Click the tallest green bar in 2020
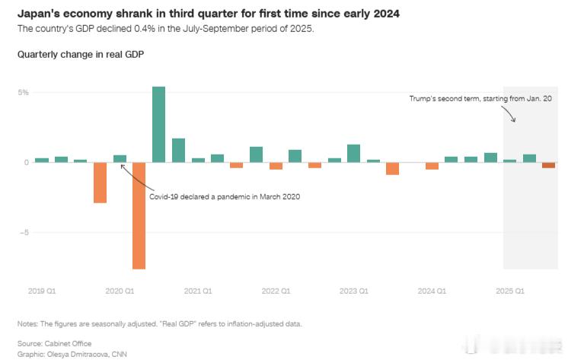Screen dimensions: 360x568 (x=158, y=124)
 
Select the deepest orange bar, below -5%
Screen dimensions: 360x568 (x=139, y=215)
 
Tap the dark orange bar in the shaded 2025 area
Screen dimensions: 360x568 (x=548, y=165)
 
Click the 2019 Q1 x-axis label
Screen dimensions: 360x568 (x=41, y=291)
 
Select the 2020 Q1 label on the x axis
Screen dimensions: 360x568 (x=120, y=291)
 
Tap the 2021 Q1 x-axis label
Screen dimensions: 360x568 (x=197, y=291)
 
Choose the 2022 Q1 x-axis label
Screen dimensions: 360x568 (x=276, y=291)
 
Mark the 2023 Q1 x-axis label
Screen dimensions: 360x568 (x=353, y=291)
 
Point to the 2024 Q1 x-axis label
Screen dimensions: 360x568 (x=432, y=291)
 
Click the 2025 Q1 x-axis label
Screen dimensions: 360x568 (x=509, y=291)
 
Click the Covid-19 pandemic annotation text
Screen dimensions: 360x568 (x=224, y=196)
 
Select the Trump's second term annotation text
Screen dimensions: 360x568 (x=480, y=99)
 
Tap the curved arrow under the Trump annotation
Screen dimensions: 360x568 (x=509, y=113)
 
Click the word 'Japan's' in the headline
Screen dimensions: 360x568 (x=40, y=14)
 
